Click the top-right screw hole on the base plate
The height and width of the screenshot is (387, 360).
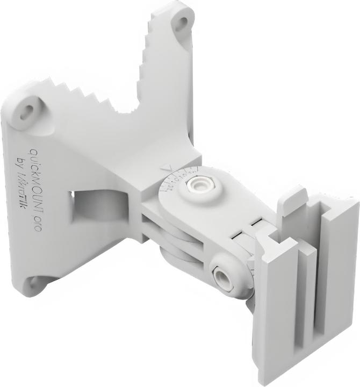(x=182, y=23)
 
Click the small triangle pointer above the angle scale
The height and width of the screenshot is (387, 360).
(x=165, y=167)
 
